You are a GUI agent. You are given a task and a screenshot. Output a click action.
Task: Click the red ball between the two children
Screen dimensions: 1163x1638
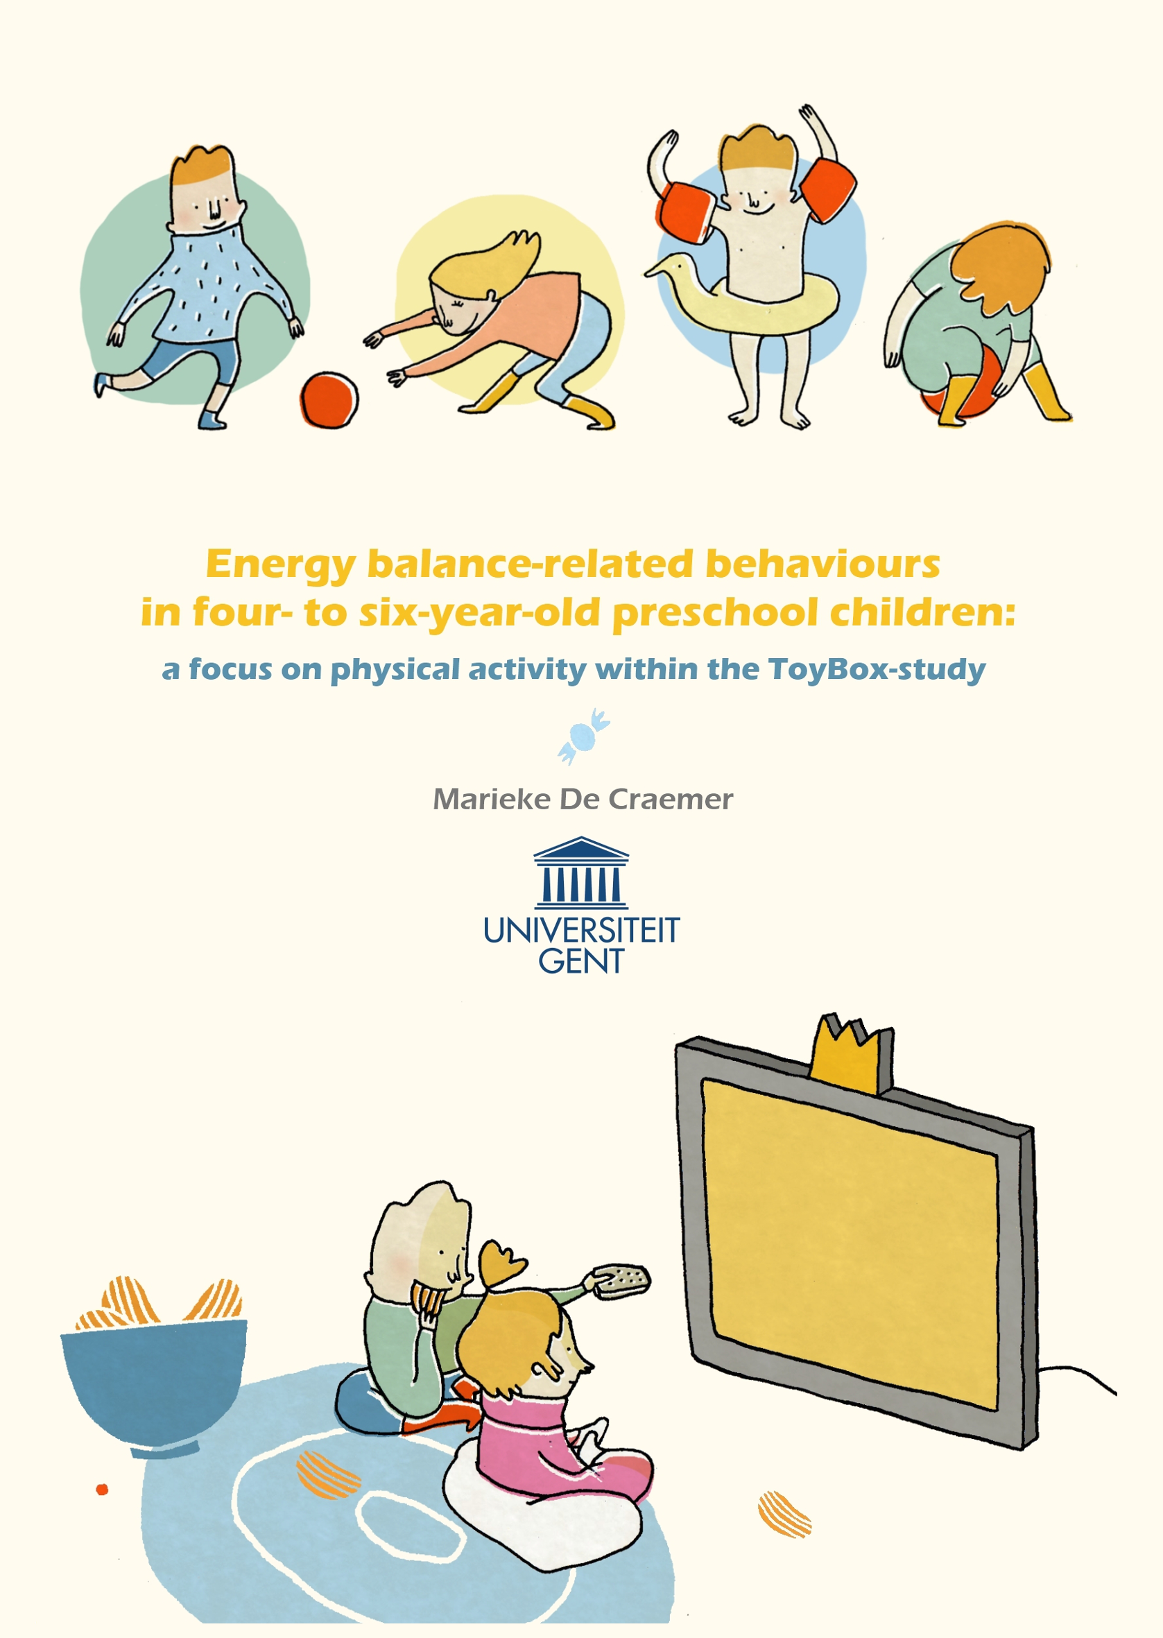point(329,400)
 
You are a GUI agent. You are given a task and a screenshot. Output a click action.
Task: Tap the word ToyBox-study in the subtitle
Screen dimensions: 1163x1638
point(877,669)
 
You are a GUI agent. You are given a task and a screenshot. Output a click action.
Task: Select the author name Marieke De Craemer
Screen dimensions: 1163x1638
point(583,799)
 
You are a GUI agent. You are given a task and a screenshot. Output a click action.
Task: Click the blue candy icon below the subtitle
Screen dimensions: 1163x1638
point(584,736)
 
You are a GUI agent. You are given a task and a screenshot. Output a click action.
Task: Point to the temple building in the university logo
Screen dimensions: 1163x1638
point(581,871)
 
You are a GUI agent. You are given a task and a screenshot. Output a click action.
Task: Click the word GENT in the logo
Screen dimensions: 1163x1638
point(581,960)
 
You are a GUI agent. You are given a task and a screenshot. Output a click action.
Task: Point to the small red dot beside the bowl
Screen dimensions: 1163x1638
point(102,1489)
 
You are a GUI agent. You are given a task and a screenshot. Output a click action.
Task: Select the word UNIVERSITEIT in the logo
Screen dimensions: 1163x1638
point(581,930)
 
